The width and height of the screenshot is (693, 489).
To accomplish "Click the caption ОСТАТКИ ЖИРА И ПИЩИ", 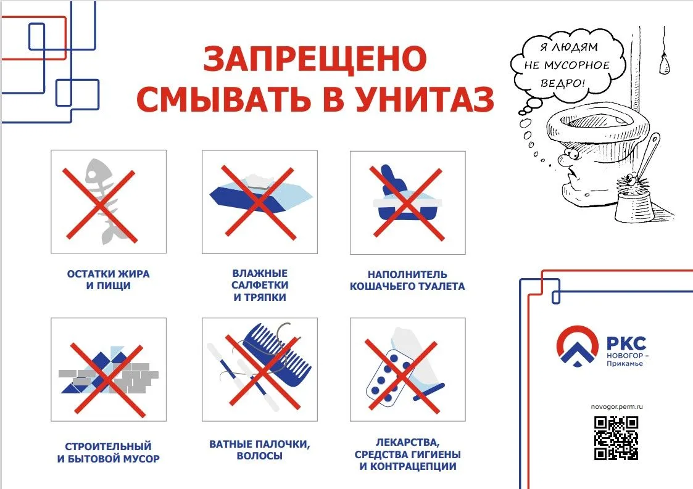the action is coord(108,279).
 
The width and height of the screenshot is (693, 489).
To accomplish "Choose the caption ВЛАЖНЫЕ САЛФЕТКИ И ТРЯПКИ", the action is coord(260,286).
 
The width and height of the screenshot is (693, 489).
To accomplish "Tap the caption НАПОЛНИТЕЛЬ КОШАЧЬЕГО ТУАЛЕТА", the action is coord(407,281).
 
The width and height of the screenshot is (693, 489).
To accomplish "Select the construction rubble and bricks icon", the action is coord(109,371).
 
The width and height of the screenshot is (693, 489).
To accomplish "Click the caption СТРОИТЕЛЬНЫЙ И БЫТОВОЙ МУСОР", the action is coord(108,453).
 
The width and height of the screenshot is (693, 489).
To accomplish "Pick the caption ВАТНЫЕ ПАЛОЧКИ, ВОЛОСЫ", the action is coord(260,450).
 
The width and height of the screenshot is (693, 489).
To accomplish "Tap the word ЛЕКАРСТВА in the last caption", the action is coord(407,442).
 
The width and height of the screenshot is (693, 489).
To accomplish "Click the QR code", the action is coord(616,438).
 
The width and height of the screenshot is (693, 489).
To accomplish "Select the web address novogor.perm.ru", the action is coord(616,406).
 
